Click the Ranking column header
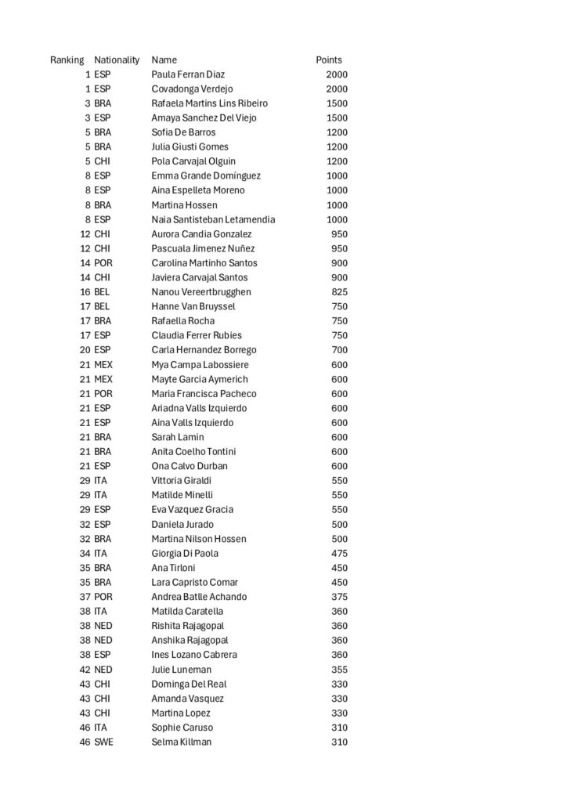[x=67, y=60]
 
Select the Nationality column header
[x=117, y=60]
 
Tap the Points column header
[x=329, y=60]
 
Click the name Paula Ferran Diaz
[x=188, y=74]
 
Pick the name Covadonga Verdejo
[x=192, y=89]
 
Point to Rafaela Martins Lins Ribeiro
[x=209, y=103]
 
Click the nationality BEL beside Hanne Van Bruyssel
[x=103, y=306]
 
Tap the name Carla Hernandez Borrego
[x=204, y=350]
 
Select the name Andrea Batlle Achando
[x=199, y=597]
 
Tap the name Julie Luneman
[x=181, y=670]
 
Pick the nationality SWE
[x=103, y=742]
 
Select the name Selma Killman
[x=181, y=742]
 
